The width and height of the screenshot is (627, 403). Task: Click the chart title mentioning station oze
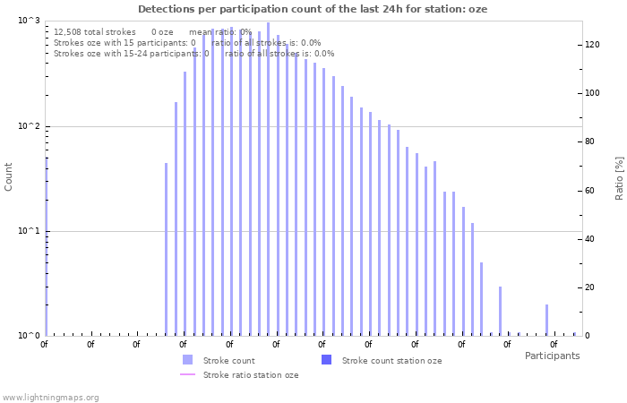pos(313,9)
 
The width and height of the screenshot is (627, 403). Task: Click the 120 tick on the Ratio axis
pos(592,44)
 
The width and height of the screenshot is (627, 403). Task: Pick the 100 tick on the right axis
pos(592,93)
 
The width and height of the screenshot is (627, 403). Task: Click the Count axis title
pos(9,176)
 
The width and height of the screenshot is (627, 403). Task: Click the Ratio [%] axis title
pos(618,177)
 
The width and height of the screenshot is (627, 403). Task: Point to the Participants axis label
pos(552,356)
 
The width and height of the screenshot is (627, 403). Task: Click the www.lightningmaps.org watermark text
pos(50,397)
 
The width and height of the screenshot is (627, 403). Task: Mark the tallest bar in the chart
pos(268,179)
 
